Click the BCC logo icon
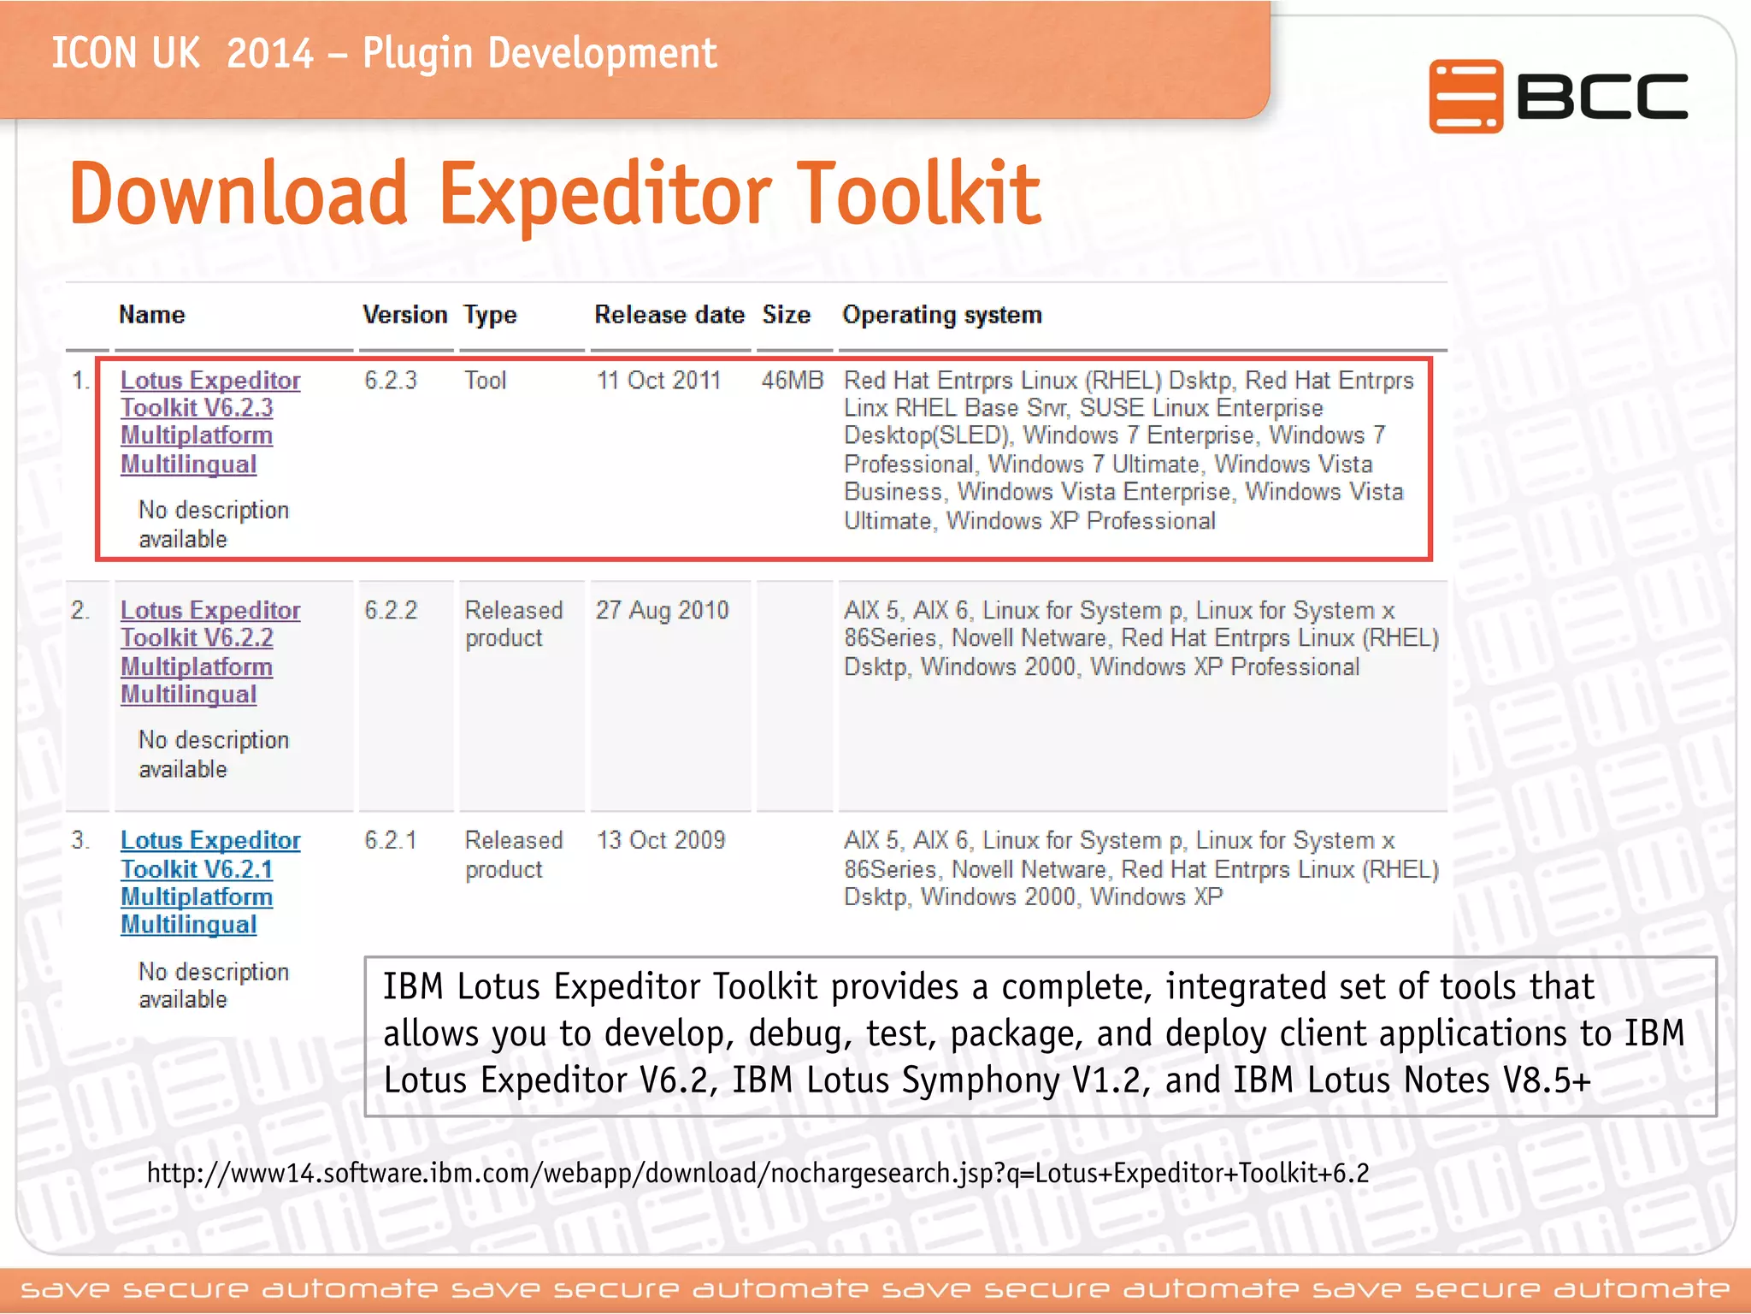tap(1465, 97)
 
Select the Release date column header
tap(669, 315)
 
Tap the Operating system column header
tap(942, 315)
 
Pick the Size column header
tap(786, 315)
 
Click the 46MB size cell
tap(792, 380)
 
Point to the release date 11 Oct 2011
tap(658, 380)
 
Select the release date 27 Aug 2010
tap(662, 610)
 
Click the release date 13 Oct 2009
tap(660, 840)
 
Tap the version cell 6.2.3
tap(391, 380)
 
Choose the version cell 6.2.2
tap(391, 610)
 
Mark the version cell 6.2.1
tap(391, 840)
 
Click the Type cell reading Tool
tap(485, 380)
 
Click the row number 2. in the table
tap(80, 610)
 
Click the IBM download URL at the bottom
tap(758, 1173)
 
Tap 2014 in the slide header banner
tap(270, 54)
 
